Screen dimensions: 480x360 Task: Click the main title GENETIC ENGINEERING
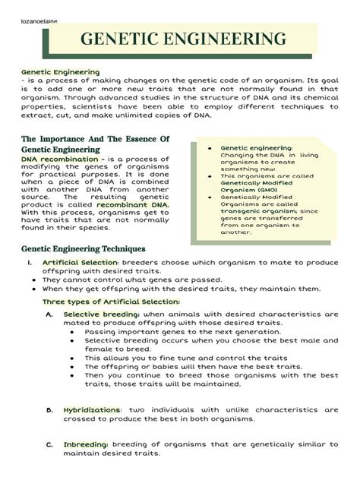185,39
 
